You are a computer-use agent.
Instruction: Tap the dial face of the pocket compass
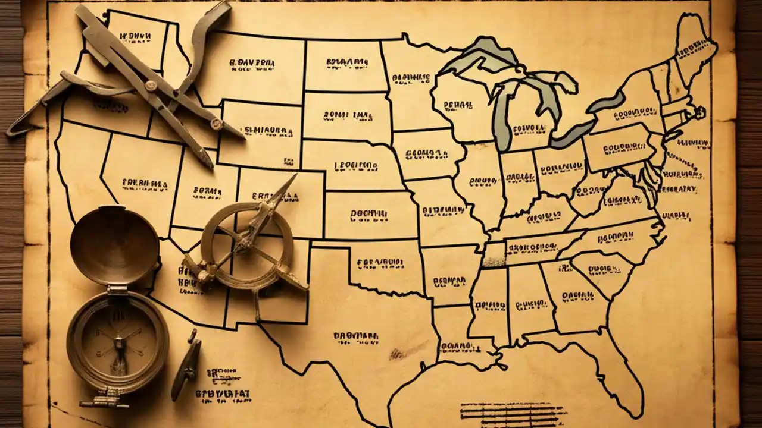(118, 338)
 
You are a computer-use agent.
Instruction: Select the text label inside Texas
(356, 336)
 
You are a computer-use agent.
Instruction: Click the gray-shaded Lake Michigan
(504, 119)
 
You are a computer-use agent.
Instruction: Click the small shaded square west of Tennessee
(494, 254)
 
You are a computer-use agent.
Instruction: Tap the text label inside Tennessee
(532, 245)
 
